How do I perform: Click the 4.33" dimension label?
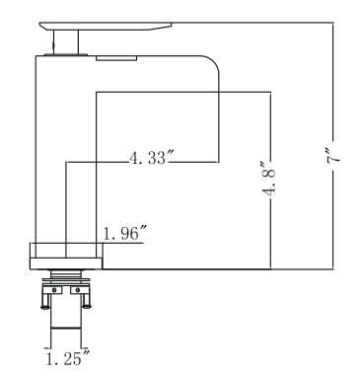pos(150,158)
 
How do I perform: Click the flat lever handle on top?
pos(108,25)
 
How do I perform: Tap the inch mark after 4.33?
pos(173,153)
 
